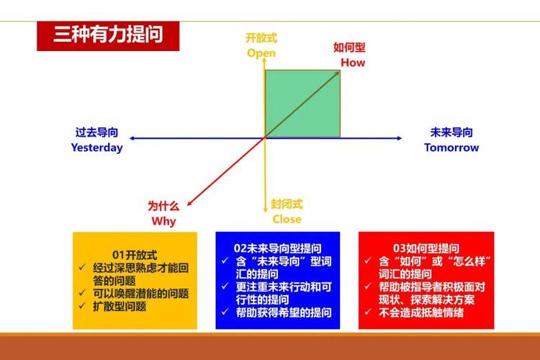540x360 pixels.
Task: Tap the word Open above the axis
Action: pos(261,53)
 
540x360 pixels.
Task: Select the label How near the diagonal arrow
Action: pos(353,63)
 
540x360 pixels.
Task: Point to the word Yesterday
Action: pos(96,148)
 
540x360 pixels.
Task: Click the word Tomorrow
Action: pos(451,148)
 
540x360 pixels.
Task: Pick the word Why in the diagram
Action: pos(163,220)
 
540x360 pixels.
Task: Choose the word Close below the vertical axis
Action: pos(287,219)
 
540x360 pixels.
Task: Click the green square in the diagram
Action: pos(302,103)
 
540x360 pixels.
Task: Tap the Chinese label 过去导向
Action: pos(96,132)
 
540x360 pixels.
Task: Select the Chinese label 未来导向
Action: pos(451,132)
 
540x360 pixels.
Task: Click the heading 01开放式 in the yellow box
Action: pos(135,253)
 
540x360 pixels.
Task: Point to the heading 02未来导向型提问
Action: pos(278,246)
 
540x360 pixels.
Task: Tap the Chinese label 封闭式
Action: pos(287,204)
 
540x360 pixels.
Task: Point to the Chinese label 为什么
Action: pos(163,206)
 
